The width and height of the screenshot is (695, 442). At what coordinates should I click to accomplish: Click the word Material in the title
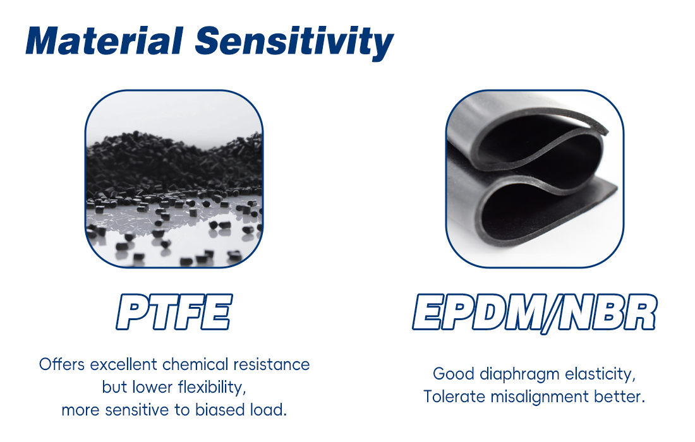pos(104,41)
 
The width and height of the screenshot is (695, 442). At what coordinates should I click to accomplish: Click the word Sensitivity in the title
pos(294,41)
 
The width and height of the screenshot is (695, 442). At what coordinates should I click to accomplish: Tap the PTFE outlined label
pos(174,312)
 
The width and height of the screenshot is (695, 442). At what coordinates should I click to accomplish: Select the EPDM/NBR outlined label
pos(535,312)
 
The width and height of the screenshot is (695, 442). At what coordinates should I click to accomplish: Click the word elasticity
pos(599,374)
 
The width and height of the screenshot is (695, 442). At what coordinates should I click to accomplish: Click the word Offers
pos(62,364)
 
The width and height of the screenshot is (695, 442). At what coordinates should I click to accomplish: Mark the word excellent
pos(124,364)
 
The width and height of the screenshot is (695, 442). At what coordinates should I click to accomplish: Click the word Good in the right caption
pos(452,374)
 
